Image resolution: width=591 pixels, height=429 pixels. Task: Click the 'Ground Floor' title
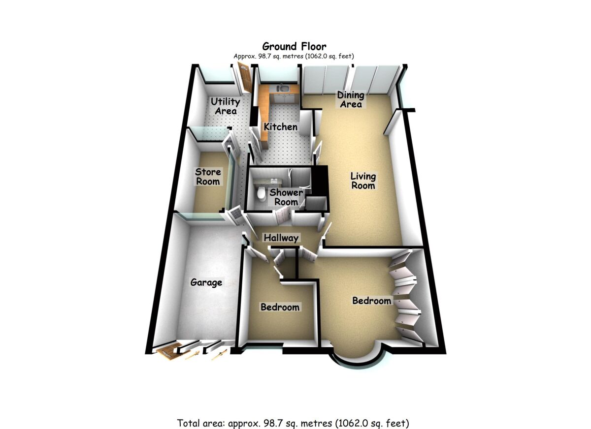(294, 47)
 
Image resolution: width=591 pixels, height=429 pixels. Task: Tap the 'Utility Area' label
(226, 106)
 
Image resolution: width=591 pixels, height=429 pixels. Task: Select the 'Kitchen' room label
(280, 127)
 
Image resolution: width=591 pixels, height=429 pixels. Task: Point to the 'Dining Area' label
(350, 99)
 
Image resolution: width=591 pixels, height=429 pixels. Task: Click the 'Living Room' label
(363, 181)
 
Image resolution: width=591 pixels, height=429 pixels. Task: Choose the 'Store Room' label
(207, 177)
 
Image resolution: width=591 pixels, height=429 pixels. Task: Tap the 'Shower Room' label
(286, 197)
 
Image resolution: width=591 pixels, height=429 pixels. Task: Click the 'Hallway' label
(281, 238)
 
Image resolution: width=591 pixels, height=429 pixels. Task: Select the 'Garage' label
(206, 283)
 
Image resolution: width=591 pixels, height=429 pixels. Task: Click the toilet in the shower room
(262, 193)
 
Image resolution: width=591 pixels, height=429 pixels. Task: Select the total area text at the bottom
(294, 423)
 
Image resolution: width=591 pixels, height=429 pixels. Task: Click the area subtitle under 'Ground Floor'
(294, 56)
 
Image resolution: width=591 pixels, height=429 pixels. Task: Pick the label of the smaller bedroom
(280, 307)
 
